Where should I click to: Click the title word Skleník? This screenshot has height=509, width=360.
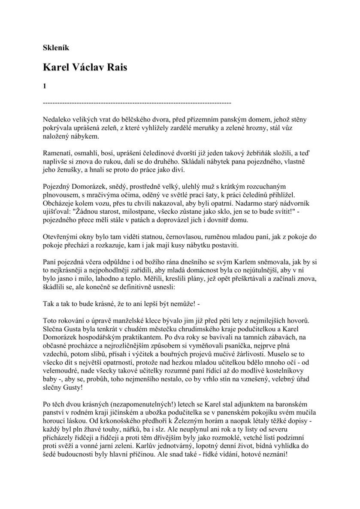57,48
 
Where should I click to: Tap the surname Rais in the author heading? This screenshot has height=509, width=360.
115,67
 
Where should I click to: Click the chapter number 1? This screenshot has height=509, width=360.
45,86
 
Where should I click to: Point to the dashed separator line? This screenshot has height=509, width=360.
137,103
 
